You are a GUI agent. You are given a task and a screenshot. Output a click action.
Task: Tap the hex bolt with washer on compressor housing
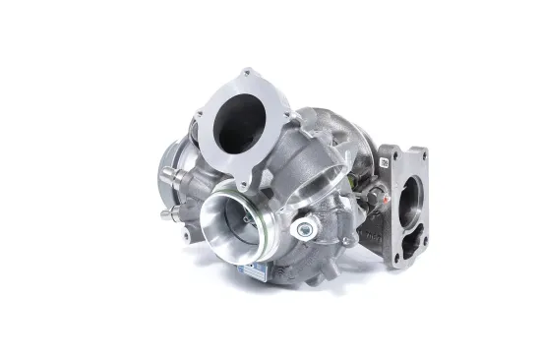[x=304, y=229]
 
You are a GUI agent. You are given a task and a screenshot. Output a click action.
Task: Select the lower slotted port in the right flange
[x=410, y=245]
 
